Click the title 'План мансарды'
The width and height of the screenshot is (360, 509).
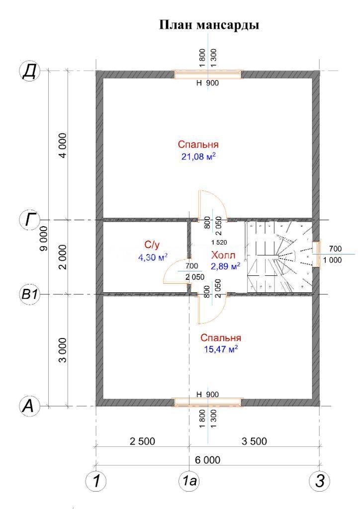[x=209, y=25]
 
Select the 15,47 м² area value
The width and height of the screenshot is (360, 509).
[x=221, y=349]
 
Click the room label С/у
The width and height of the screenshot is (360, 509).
[x=152, y=245]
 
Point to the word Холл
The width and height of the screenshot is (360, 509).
[x=223, y=255]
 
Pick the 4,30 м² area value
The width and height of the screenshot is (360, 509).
[x=153, y=257]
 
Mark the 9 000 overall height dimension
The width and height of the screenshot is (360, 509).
[x=44, y=239]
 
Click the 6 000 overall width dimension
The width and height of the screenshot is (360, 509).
[x=207, y=460]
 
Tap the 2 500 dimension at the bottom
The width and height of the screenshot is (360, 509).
[x=142, y=441]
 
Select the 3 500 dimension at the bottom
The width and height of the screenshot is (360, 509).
[x=254, y=441]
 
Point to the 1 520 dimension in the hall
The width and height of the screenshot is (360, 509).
[x=219, y=242]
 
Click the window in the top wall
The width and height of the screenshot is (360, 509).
[x=208, y=75]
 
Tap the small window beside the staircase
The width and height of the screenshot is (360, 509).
[x=317, y=254]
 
